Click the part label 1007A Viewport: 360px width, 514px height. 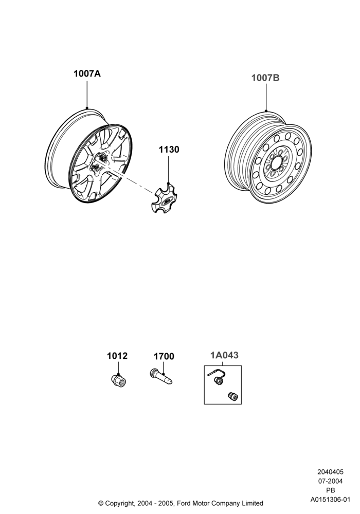tap(87, 74)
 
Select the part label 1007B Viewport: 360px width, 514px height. tap(265, 78)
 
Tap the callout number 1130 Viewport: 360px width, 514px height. tap(169, 150)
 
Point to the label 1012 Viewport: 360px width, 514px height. tap(117, 356)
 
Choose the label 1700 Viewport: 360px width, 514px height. tap(164, 356)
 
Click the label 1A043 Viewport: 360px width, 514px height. tap(224, 355)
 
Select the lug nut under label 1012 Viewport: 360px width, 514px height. tap(119, 380)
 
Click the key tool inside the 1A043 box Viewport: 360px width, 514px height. tap(215, 377)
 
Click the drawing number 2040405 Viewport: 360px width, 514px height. tap(331, 472)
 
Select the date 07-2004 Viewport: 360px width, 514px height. tap(331, 481)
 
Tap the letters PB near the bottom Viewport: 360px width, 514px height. tap(331, 490)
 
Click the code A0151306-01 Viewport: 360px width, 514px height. tap(331, 500)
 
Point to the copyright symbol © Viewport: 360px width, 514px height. tap(101, 503)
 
